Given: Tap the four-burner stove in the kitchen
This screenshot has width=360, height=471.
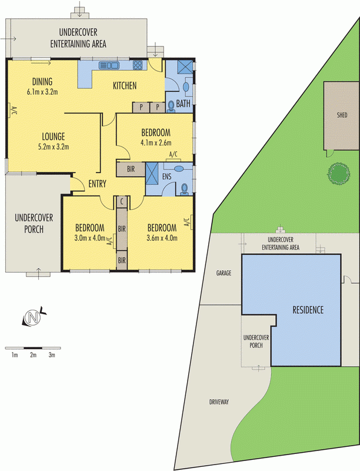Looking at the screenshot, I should point(138,65).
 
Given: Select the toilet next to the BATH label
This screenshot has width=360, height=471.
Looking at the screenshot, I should point(171,105).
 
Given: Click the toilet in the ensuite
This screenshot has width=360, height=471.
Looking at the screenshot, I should point(185,188).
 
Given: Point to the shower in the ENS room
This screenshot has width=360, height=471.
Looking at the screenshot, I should point(152,174).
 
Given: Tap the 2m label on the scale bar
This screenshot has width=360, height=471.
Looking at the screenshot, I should point(34,355).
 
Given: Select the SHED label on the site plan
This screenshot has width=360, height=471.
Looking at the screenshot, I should point(341,115).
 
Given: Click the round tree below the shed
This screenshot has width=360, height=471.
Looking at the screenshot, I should point(338,174).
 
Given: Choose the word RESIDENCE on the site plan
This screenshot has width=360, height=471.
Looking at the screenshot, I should point(308,310).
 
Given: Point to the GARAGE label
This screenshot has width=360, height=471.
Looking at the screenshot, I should point(224,274).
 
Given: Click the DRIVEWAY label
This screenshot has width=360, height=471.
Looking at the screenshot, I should point(218,402).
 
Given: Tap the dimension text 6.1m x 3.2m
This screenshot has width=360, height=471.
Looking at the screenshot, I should point(42,92).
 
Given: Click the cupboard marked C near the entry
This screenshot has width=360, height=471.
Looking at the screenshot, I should point(121,201).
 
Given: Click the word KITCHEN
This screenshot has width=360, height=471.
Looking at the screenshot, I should point(125,86).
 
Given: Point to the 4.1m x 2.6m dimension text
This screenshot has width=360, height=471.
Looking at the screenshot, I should point(155,142).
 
